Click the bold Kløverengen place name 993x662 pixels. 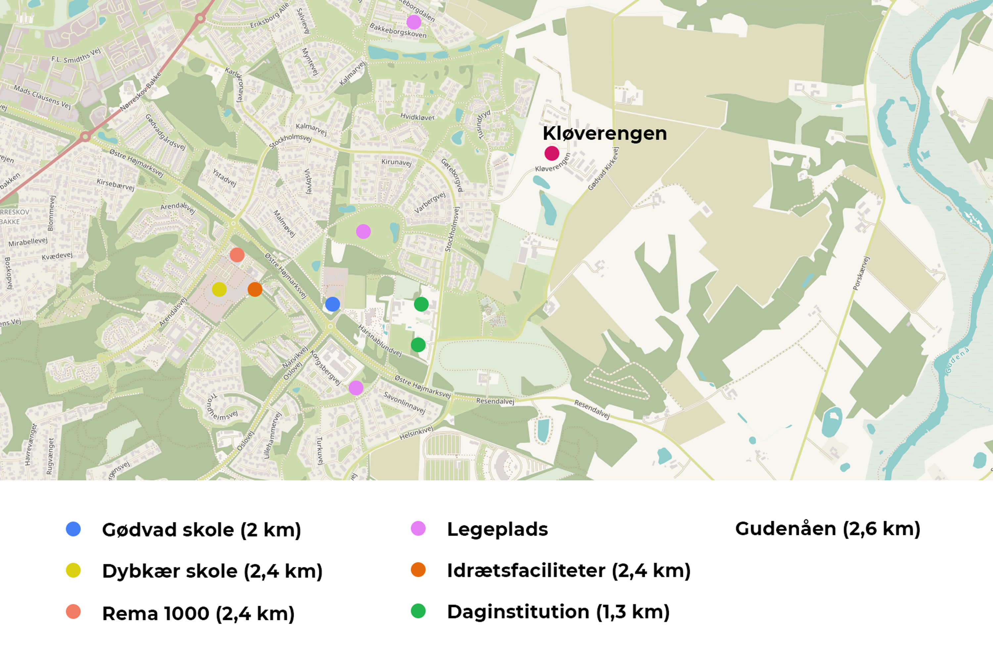coord(604,133)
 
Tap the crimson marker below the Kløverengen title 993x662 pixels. coord(552,153)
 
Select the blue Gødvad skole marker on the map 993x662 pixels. coord(332,304)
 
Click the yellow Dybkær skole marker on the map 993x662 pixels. coord(219,289)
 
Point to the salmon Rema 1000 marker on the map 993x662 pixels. coord(237,255)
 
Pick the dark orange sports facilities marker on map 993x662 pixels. coord(255,289)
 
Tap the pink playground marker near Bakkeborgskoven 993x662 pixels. coord(413,22)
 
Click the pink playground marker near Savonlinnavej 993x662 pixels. coord(355,388)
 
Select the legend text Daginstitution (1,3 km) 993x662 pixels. coord(558,612)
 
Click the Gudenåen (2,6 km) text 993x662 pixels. coord(827,529)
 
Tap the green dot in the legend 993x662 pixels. coord(418,611)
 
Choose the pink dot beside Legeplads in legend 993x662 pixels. coord(418,529)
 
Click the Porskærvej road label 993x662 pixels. coord(861,273)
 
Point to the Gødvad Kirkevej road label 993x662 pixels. coord(603,169)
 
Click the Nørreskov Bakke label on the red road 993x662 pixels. coord(141,92)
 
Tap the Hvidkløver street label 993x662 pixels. coord(417,117)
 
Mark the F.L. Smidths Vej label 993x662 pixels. coord(76,55)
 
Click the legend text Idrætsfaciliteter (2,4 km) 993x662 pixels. coord(569,570)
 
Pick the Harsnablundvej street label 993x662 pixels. coord(379,340)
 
